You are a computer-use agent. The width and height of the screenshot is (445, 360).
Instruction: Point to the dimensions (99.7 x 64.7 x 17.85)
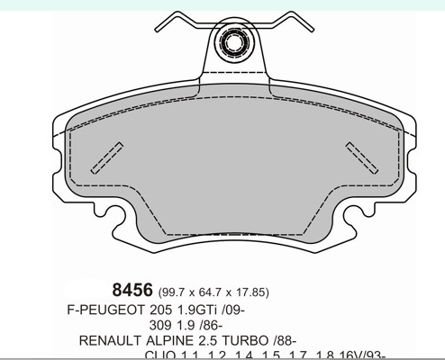(x=213, y=292)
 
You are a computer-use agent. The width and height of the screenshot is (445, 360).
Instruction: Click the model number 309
(x=163, y=325)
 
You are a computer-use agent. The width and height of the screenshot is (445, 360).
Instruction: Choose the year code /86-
(x=222, y=325)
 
